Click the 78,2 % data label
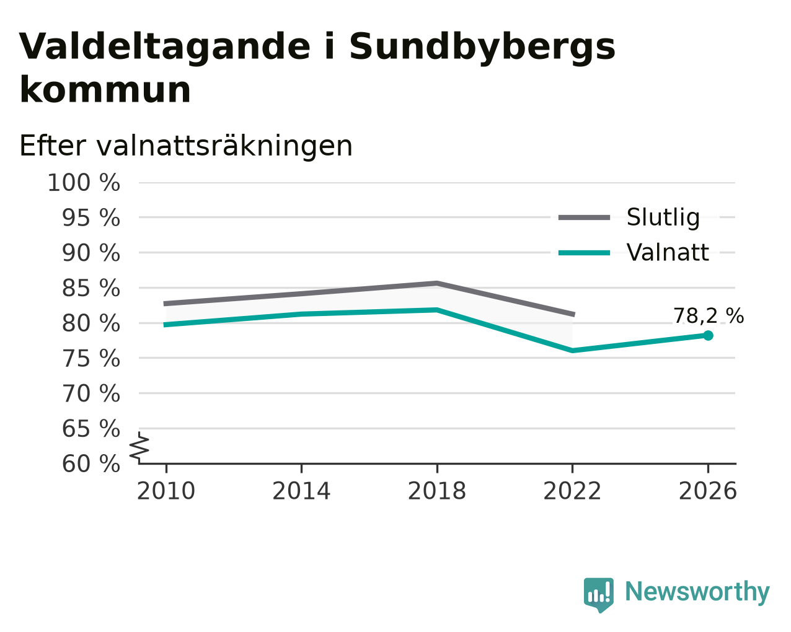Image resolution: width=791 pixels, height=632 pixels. click(709, 316)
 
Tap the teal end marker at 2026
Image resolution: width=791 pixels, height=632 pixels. click(708, 335)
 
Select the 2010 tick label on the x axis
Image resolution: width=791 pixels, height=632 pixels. click(166, 491)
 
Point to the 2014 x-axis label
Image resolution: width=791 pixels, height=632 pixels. click(301, 491)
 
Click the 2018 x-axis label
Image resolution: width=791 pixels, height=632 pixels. click(437, 491)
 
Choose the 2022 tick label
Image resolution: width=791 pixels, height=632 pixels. click(572, 491)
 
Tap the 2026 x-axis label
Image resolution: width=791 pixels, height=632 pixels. click(708, 491)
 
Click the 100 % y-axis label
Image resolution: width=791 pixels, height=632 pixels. click(84, 183)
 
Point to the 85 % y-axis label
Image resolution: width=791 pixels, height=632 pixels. click(91, 288)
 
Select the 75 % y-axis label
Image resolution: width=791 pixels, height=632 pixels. click(91, 358)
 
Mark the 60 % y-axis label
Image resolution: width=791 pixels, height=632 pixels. click(91, 463)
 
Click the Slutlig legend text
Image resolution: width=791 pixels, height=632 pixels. click(663, 217)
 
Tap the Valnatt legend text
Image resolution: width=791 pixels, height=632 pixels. click(668, 252)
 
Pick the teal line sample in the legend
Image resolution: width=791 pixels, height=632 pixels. click(584, 253)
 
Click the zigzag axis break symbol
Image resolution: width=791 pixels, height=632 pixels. click(139, 447)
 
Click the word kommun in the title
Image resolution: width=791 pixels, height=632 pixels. click(105, 90)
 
